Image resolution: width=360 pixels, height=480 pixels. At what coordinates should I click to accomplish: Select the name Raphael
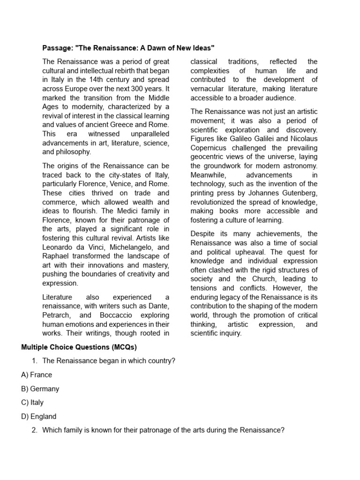click(56, 256)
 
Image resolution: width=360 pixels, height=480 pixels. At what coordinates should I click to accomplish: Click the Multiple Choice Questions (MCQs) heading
click(79, 347)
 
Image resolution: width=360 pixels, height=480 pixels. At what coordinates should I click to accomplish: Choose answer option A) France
click(37, 375)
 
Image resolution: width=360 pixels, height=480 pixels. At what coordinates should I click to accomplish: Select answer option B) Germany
click(40, 389)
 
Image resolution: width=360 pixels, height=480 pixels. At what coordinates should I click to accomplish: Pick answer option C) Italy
click(32, 402)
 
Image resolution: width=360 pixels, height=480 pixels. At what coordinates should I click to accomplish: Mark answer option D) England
click(39, 416)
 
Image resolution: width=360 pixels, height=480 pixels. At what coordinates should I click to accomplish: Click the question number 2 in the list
click(34, 430)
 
